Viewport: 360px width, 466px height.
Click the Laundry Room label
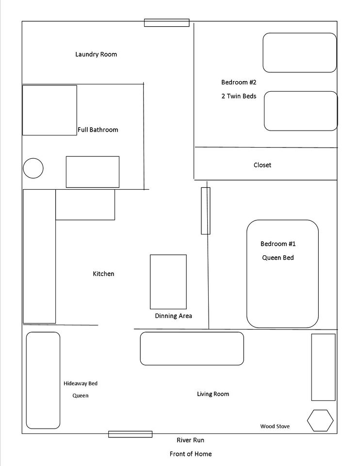coord(96,54)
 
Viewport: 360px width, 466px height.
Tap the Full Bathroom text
coord(98,130)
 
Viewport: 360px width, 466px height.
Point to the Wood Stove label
coord(275,426)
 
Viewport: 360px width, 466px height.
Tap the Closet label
coord(262,165)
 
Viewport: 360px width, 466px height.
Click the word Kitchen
coord(103,274)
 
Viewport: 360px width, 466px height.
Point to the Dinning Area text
coord(174,316)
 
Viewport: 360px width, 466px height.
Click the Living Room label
coord(213,394)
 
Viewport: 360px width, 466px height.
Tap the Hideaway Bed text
coord(81,383)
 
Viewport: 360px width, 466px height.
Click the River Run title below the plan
coord(190,440)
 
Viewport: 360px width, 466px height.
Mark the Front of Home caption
coord(191,454)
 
